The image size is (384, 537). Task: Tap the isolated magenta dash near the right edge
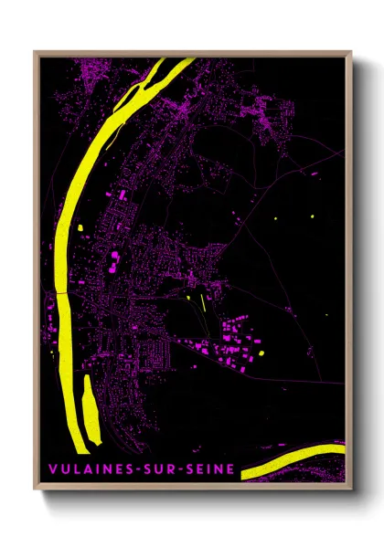[x=308, y=171]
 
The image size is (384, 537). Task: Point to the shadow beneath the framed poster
[x=192, y=498]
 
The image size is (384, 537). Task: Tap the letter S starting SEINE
[x=191, y=469]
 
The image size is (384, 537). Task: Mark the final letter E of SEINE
[x=230, y=469]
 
